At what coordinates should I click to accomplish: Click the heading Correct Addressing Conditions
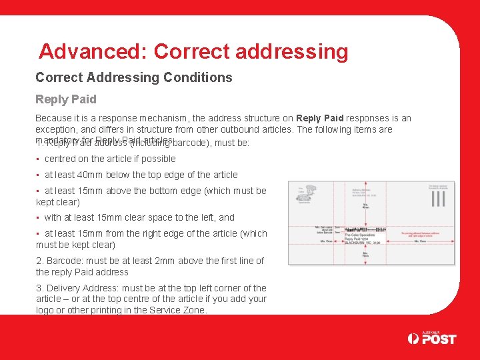click(133, 77)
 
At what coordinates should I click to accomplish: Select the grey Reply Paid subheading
click(65, 99)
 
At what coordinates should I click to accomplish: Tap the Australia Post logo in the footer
click(431, 339)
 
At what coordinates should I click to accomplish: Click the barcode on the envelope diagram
click(365, 229)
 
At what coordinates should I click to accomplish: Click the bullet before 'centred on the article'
click(38, 159)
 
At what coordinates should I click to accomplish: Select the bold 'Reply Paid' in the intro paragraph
click(319, 118)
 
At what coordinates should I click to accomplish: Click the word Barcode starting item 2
click(63, 261)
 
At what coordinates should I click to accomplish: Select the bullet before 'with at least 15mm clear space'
click(38, 218)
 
